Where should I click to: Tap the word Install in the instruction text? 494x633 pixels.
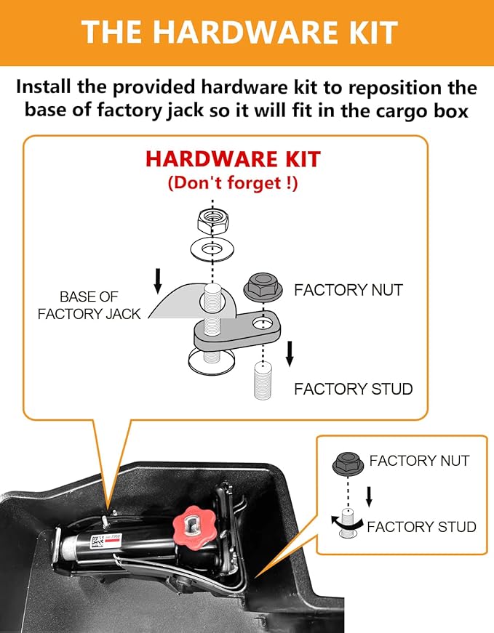(x=51, y=88)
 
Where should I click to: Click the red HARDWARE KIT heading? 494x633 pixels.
(x=233, y=159)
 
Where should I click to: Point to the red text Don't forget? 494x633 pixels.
(x=233, y=182)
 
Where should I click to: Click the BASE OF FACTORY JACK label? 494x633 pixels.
(x=89, y=305)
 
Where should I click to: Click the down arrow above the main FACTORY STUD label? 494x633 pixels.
(x=290, y=353)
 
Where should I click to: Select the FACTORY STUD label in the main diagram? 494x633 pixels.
(x=353, y=389)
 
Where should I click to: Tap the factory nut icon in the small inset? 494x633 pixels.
(x=348, y=463)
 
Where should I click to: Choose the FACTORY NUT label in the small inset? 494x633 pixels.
(x=419, y=461)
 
